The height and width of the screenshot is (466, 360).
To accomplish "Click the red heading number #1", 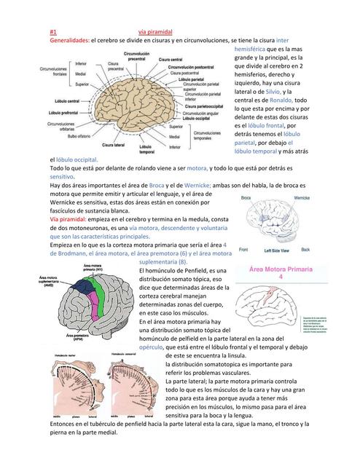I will tap(53, 33).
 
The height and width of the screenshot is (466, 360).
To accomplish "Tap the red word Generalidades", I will tap(69, 42).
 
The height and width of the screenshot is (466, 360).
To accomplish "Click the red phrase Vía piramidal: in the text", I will tap(72, 219).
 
